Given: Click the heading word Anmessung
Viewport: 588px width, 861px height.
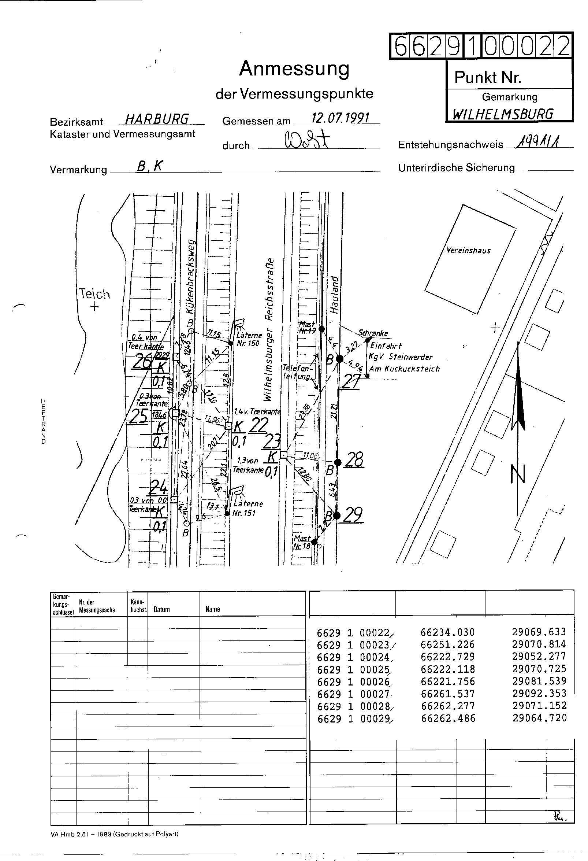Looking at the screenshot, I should pyautogui.click(x=294, y=69).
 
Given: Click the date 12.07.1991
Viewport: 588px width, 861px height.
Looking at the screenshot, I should pyautogui.click(x=340, y=118).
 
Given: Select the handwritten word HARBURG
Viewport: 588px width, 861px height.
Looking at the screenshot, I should pyautogui.click(x=157, y=119).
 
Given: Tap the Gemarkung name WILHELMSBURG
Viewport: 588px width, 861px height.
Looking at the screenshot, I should pyautogui.click(x=503, y=114).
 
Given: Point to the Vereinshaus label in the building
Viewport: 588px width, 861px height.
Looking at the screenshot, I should pyautogui.click(x=468, y=251).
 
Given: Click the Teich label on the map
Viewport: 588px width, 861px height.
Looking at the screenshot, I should pyautogui.click(x=94, y=294).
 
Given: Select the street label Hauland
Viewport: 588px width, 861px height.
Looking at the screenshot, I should pyautogui.click(x=334, y=295).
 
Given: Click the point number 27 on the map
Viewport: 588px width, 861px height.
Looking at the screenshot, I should pyautogui.click(x=350, y=381).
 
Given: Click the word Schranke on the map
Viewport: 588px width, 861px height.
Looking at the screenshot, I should pyautogui.click(x=373, y=333).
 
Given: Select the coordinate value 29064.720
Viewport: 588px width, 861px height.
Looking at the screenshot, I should pyautogui.click(x=539, y=718).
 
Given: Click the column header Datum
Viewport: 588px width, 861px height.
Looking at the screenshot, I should pyautogui.click(x=161, y=609).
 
